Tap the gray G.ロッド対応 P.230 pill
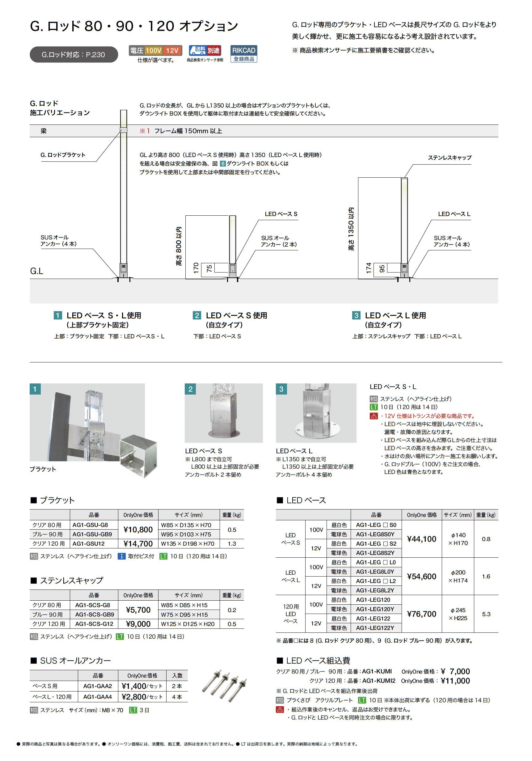[x=74, y=55]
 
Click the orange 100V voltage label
[x=153, y=50]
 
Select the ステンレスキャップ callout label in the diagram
[x=449, y=158]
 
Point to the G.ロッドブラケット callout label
[x=63, y=155]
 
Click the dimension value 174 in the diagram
[x=369, y=268]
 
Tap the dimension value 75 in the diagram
[x=209, y=268]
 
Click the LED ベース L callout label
[x=454, y=214]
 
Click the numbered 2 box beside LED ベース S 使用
[x=196, y=315]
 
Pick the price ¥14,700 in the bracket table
[x=138, y=543]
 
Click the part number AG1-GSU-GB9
[x=92, y=534]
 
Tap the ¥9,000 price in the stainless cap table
[x=138, y=624]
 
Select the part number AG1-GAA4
[x=97, y=697]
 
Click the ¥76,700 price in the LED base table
[x=421, y=614]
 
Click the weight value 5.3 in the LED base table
[x=486, y=614]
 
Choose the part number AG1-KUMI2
[x=378, y=681]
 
